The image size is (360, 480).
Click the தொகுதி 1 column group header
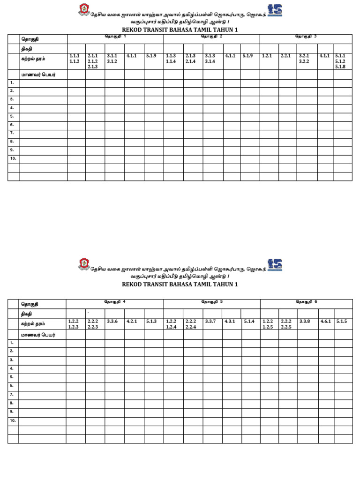point(115,37)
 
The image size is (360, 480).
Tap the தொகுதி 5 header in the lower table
point(212,301)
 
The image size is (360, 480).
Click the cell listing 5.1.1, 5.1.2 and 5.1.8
point(340,61)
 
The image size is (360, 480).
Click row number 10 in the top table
point(13,158)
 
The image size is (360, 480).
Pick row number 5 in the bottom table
point(12,377)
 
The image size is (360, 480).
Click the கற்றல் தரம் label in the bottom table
point(33,323)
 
